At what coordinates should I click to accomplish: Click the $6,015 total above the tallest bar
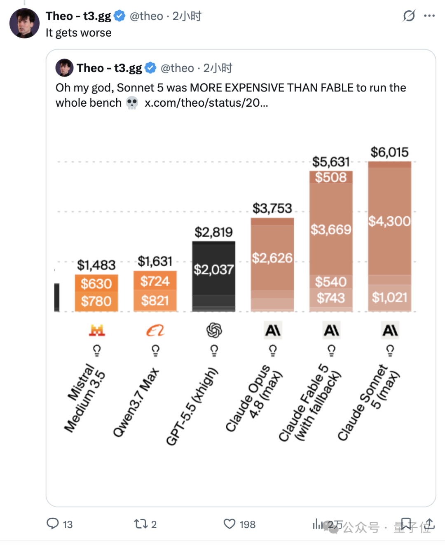click(x=389, y=152)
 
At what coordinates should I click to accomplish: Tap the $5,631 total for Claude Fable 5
click(x=331, y=162)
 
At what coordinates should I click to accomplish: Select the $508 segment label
click(x=331, y=177)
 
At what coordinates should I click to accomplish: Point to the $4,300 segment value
click(x=389, y=221)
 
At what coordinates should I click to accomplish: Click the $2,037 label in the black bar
click(x=214, y=269)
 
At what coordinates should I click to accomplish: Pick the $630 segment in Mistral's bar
click(x=96, y=283)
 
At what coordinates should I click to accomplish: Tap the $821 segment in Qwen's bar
click(x=155, y=301)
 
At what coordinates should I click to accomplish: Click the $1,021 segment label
click(x=389, y=297)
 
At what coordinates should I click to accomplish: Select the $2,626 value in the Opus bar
click(x=272, y=258)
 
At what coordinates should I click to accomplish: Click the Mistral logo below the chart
click(x=97, y=330)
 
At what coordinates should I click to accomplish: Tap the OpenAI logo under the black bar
click(x=214, y=330)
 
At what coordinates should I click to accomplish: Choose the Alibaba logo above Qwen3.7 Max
click(x=155, y=330)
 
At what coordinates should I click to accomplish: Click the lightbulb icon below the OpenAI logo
click(x=214, y=351)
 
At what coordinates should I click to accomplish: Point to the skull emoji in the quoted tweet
click(x=132, y=103)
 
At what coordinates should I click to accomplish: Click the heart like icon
click(x=230, y=524)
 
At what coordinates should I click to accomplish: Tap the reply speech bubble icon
click(x=53, y=524)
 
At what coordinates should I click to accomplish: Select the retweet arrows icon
click(x=141, y=524)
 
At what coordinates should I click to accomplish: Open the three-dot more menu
click(x=429, y=16)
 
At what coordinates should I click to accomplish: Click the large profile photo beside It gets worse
click(x=25, y=23)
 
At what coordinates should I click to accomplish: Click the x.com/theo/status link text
click(x=206, y=103)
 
